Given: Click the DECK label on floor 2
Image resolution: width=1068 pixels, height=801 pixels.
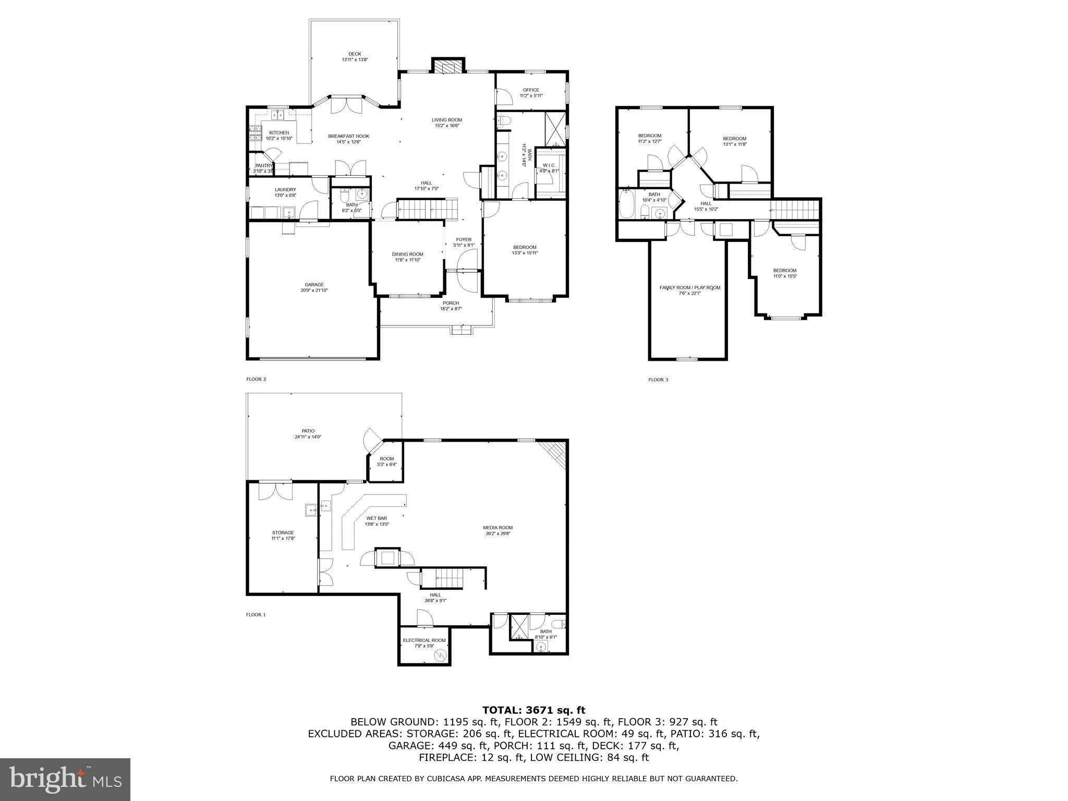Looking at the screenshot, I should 355,54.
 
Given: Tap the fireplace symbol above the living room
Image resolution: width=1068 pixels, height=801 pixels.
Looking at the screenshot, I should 447,67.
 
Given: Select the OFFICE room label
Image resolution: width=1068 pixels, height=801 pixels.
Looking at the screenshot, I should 531,90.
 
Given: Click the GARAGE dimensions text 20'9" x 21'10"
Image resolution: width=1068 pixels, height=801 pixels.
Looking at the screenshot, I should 314,290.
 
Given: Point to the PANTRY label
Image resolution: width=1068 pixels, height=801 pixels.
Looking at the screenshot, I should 263,165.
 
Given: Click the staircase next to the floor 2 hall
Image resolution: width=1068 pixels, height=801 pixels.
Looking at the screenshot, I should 427,209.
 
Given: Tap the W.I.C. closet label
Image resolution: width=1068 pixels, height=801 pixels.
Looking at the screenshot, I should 549,165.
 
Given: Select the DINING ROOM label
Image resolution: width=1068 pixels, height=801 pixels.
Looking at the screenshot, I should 407,254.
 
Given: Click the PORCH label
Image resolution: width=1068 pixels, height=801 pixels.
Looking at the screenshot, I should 451,303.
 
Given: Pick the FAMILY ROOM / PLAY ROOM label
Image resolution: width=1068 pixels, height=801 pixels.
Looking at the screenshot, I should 689,287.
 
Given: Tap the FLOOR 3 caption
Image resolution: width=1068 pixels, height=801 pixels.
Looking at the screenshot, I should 658,380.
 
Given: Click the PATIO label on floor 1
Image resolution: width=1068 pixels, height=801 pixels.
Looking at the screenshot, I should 308,431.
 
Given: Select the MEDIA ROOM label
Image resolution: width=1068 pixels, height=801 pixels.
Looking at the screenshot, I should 497,527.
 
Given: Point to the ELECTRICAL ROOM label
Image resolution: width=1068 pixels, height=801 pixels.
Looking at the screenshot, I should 424,640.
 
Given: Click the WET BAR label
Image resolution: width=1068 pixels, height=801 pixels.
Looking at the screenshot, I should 376,518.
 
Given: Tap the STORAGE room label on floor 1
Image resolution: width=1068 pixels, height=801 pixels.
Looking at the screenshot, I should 283,532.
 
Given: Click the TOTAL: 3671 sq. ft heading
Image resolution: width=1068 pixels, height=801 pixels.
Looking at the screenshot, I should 533,710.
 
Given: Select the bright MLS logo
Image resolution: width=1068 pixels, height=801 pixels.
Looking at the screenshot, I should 65,779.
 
